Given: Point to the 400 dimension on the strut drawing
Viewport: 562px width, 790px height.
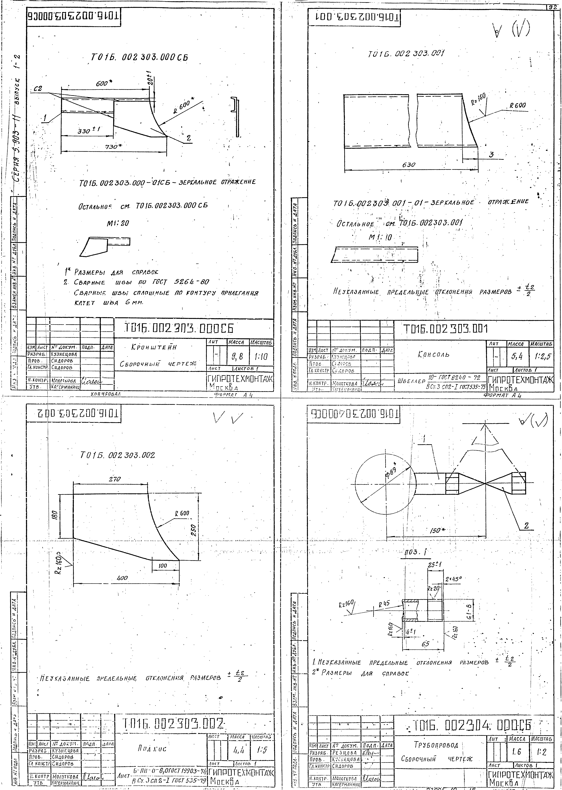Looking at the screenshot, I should (x=122, y=578).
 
